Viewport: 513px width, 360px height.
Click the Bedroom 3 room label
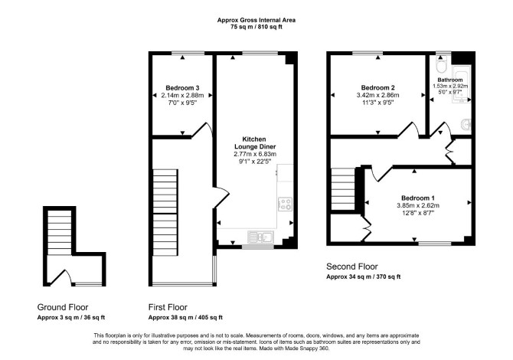click(182, 88)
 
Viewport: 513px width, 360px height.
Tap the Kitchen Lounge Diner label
click(255, 143)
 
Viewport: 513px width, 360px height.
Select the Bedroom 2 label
click(378, 88)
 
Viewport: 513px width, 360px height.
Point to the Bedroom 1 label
click(418, 198)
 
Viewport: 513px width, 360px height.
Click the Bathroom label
click(450, 80)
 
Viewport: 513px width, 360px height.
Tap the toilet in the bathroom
click(441, 64)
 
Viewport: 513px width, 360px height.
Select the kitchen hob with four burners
click(285, 205)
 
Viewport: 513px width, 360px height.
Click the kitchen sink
click(261, 237)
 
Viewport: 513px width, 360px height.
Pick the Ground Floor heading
click(63, 307)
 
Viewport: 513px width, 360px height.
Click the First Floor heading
click(168, 307)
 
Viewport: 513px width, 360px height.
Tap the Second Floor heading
click(352, 267)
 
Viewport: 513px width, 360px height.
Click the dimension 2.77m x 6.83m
click(255, 154)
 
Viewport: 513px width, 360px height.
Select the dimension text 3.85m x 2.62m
click(418, 205)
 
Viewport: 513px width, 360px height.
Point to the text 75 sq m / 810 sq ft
click(256, 27)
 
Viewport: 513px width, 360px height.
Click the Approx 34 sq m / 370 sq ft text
click(363, 277)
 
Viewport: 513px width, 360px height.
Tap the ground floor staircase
click(60, 232)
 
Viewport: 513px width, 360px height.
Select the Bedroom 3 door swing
click(202, 129)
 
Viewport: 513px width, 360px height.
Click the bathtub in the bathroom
click(461, 83)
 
